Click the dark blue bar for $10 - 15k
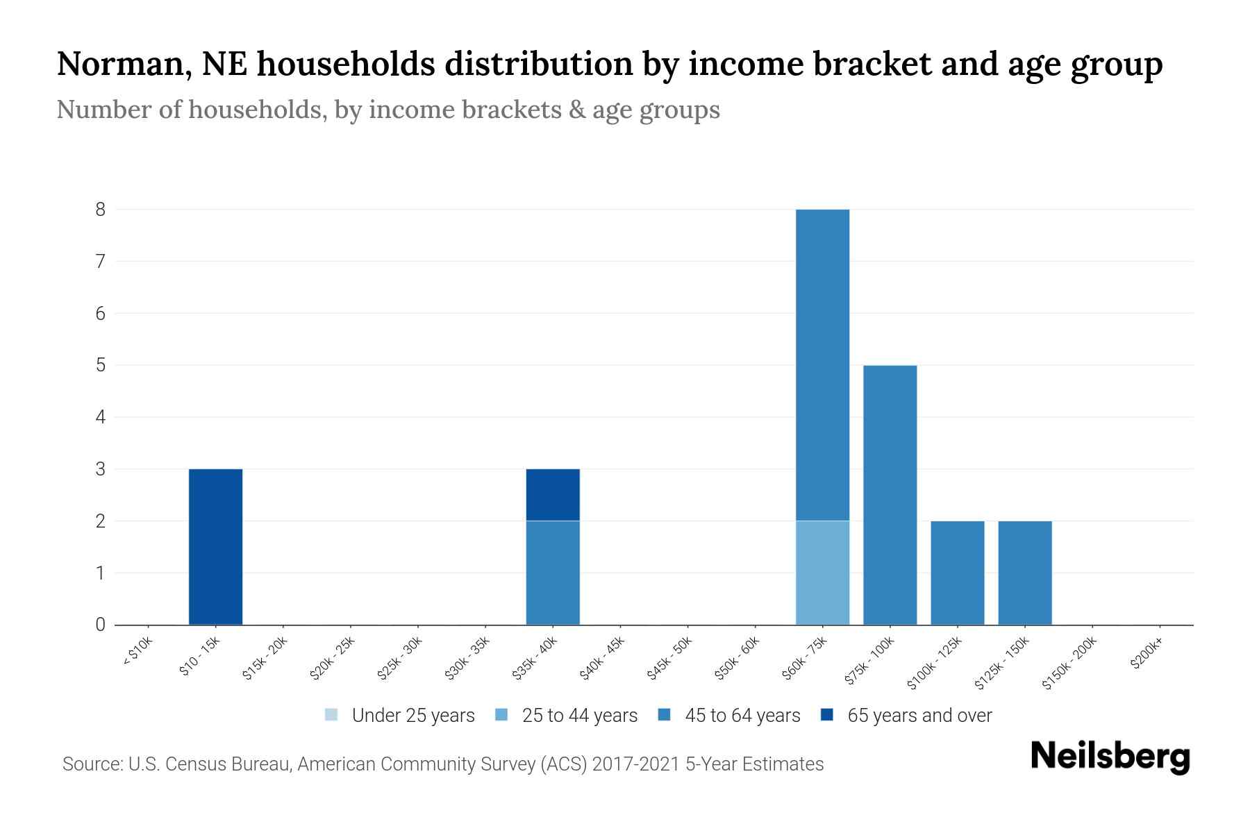pyautogui.click(x=215, y=547)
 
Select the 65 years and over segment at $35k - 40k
pyautogui.click(x=553, y=495)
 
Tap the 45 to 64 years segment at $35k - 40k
pyautogui.click(x=553, y=573)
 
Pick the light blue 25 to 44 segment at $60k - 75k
pyautogui.click(x=822, y=573)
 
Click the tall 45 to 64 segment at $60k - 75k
pyautogui.click(x=822, y=364)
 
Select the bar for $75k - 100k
pyautogui.click(x=890, y=495)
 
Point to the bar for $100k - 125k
pyautogui.click(x=957, y=573)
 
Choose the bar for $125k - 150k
pyautogui.click(x=1024, y=573)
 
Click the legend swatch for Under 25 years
pyautogui.click(x=331, y=715)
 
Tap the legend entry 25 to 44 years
pyautogui.click(x=579, y=716)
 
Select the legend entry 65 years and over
pyautogui.click(x=919, y=716)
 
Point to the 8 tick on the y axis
pyautogui.click(x=101, y=209)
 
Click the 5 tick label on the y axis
pyautogui.click(x=101, y=365)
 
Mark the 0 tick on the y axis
pyautogui.click(x=101, y=625)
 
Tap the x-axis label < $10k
pyautogui.click(x=137, y=652)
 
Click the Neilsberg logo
pyautogui.click(x=1110, y=757)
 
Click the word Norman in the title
pyautogui.click(x=119, y=65)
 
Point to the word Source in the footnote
pyautogui.click(x=91, y=764)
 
